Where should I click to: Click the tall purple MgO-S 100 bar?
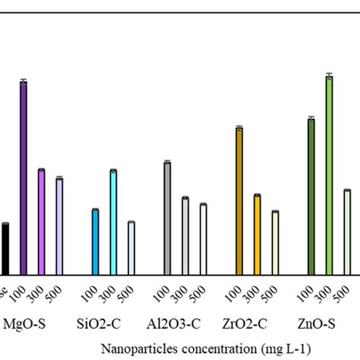coord(24,178)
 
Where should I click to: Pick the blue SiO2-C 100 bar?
coord(96,242)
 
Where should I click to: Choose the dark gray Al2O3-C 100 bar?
coord(168,219)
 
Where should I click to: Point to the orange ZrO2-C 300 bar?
coord(257,235)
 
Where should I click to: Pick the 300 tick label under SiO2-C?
coord(112,292)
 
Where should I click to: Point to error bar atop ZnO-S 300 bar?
coord(330,74)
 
